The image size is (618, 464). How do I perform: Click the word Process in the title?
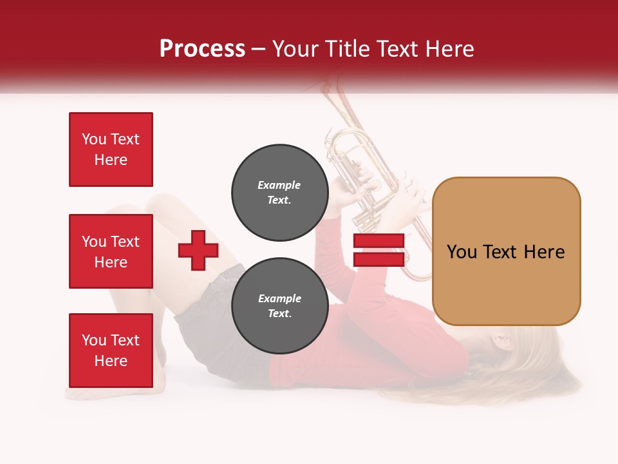click(202, 49)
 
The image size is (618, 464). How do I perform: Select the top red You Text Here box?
click(111, 150)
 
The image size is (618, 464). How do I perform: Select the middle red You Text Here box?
click(111, 251)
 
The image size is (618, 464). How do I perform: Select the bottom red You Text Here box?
click(111, 351)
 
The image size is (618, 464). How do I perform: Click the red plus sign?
click(198, 250)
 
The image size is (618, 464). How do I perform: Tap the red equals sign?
click(379, 250)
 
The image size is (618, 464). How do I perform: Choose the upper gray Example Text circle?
click(279, 193)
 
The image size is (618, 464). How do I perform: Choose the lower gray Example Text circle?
click(279, 306)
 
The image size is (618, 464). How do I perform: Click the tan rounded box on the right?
click(506, 251)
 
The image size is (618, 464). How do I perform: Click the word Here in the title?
click(450, 49)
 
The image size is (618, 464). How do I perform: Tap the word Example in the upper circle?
click(279, 185)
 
